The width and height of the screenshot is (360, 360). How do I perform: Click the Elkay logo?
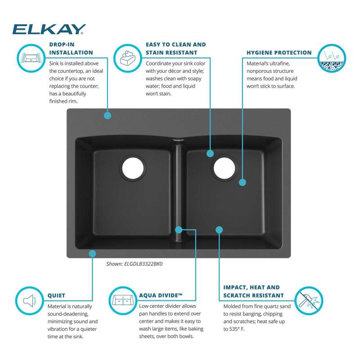(49, 29)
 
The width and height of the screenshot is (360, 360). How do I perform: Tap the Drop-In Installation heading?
(71, 49)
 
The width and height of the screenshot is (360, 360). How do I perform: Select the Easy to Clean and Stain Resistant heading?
(175, 49)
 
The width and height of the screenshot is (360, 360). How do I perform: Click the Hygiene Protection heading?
(279, 53)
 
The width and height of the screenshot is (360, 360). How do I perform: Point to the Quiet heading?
(56, 296)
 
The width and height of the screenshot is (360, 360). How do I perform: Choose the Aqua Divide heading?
(161, 295)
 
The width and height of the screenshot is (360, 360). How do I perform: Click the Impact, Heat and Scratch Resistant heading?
(253, 291)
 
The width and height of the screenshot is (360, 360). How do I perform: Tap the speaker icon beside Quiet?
(30, 301)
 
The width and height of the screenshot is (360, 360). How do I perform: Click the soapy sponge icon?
(128, 58)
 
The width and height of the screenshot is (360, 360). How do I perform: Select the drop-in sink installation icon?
(31, 58)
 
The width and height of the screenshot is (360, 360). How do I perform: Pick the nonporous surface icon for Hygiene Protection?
(332, 58)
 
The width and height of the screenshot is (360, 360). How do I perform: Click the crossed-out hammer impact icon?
(309, 301)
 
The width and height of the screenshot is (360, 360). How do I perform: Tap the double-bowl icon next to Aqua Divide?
(123, 301)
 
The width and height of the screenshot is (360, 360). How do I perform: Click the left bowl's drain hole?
(133, 168)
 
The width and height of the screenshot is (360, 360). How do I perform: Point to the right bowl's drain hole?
(224, 168)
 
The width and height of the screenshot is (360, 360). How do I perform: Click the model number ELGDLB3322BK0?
(143, 264)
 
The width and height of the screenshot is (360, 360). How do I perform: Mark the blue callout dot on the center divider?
(179, 229)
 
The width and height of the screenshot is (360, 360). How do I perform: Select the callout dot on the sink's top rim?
(108, 115)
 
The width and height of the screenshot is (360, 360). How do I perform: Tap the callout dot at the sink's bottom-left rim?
(92, 254)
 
